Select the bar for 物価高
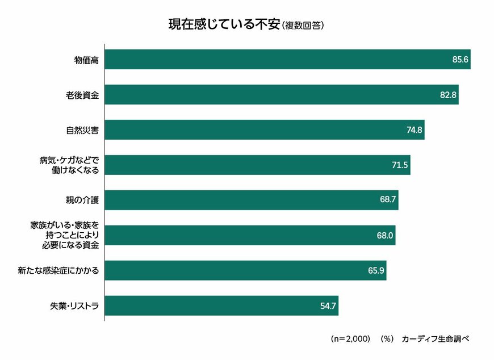(x=273, y=60)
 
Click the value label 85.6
(x=459, y=60)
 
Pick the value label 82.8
(x=448, y=95)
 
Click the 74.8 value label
(x=414, y=130)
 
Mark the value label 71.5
(x=400, y=165)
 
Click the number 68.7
(x=388, y=200)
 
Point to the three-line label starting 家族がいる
(x=64, y=235)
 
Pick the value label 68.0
(x=384, y=236)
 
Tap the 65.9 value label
(x=376, y=271)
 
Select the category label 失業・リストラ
(x=74, y=306)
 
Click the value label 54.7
(x=328, y=306)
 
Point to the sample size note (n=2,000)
(x=351, y=338)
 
